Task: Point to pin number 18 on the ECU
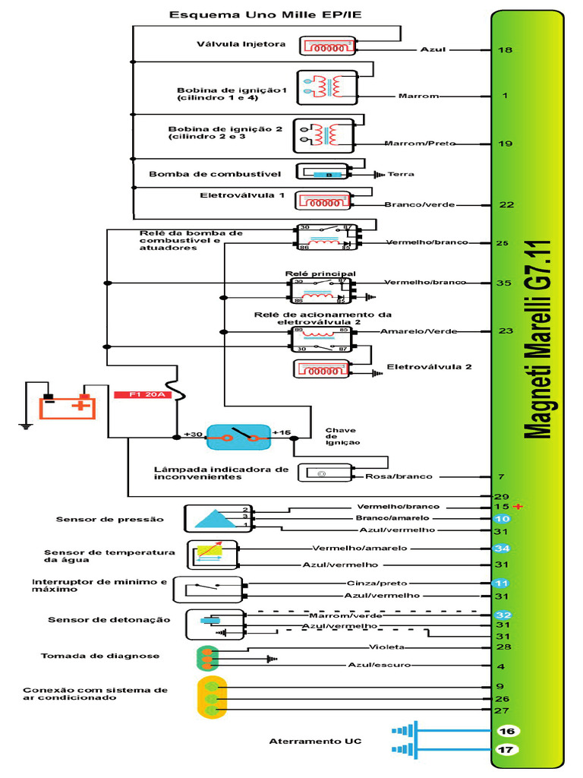pyautogui.click(x=504, y=50)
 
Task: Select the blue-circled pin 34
pyautogui.click(x=502, y=549)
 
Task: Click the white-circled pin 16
pyautogui.click(x=507, y=731)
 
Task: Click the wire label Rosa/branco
pyautogui.click(x=399, y=476)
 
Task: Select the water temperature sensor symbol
pyautogui.click(x=213, y=555)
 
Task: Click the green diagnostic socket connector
pyautogui.click(x=206, y=658)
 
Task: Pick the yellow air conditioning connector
pyautogui.click(x=210, y=697)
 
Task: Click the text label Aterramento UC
pyautogui.click(x=315, y=741)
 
